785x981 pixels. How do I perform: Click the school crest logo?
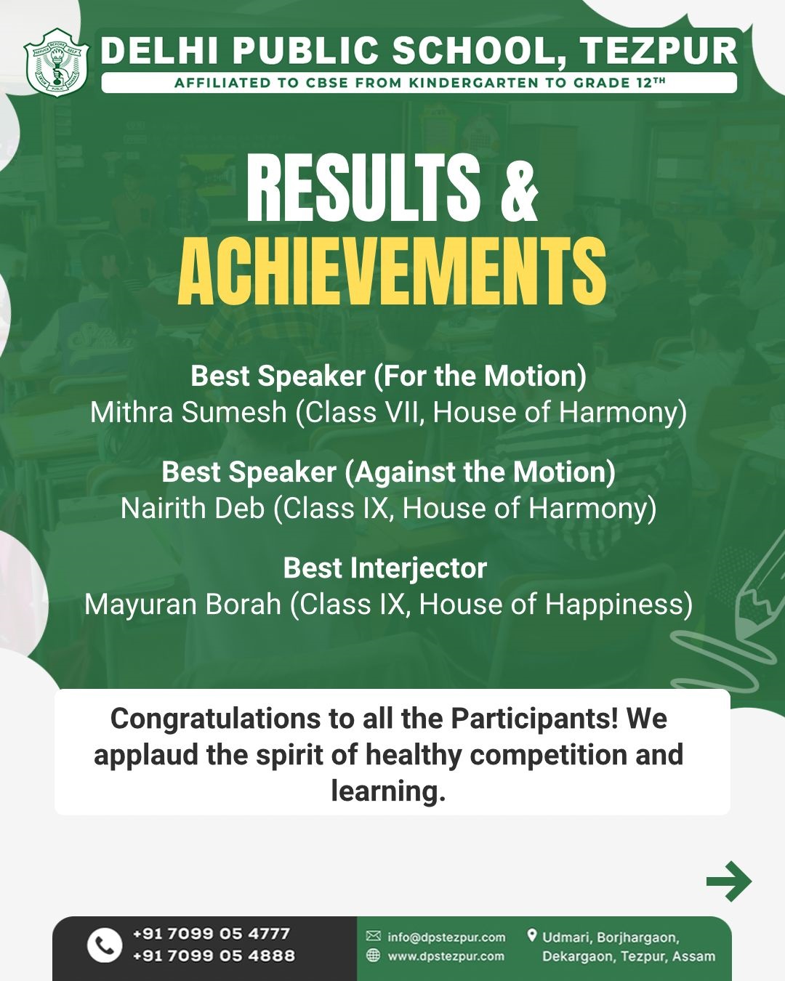tap(56, 62)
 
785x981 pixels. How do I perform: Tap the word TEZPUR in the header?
tap(659, 51)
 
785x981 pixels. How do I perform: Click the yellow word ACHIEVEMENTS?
tap(392, 272)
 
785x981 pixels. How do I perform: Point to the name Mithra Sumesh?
tap(188, 412)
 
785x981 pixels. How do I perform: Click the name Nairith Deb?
tap(193, 508)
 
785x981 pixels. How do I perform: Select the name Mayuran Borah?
tap(182, 605)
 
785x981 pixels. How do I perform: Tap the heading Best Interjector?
tap(385, 569)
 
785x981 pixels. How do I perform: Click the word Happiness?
tap(615, 605)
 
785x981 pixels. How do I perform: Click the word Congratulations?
tap(215, 719)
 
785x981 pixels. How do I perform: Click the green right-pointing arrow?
tap(729, 881)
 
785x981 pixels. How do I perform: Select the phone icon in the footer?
tap(105, 945)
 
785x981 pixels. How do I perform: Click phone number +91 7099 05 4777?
tap(212, 933)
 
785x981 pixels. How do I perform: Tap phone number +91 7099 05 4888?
tap(214, 956)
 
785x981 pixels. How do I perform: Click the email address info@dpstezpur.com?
tap(446, 937)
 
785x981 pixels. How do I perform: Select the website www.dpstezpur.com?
tap(446, 956)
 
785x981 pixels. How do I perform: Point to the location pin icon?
tap(531, 936)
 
